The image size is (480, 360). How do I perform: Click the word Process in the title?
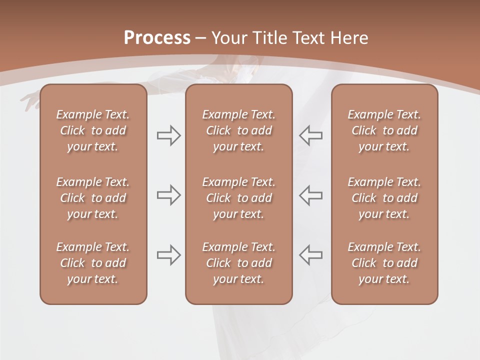click(x=157, y=38)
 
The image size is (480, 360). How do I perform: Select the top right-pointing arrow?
click(x=168, y=135)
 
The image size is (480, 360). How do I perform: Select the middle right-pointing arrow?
click(x=168, y=195)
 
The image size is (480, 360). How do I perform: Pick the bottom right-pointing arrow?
click(x=168, y=254)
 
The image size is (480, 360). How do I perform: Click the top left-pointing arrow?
click(x=310, y=135)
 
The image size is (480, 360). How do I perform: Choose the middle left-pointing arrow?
click(x=310, y=195)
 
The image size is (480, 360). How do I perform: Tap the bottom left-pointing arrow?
click(x=310, y=254)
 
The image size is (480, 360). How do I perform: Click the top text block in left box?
click(x=93, y=130)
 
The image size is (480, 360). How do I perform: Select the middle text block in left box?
click(x=93, y=198)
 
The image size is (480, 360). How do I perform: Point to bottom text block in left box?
click(x=93, y=263)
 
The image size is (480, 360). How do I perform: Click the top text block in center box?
click(x=238, y=130)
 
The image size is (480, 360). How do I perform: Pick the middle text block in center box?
click(x=238, y=198)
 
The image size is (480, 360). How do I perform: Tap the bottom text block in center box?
click(x=238, y=263)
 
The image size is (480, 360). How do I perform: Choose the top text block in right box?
click(x=384, y=130)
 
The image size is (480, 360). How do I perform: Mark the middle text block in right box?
click(x=384, y=198)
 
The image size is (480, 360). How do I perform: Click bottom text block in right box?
click(x=384, y=263)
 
